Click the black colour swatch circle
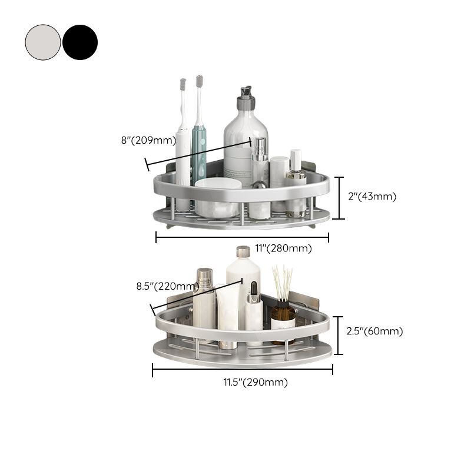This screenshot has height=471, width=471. [x=80, y=42]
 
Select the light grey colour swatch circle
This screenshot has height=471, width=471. [x=42, y=42]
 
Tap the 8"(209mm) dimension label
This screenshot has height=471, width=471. [x=148, y=140]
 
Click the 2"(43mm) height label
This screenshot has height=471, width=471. [x=372, y=197]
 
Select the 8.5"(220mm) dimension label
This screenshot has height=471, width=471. [x=165, y=286]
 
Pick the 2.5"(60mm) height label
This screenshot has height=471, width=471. [x=375, y=331]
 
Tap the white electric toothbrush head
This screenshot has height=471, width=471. [x=183, y=85]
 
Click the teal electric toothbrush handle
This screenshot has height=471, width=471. [x=199, y=147]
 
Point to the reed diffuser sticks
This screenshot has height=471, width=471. [x=281, y=283]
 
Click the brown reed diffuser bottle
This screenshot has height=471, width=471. [x=283, y=318]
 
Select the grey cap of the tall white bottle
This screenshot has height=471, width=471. [x=243, y=251]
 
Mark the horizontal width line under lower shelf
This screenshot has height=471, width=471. [x=242, y=370]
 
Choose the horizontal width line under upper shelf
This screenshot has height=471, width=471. [x=242, y=237]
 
